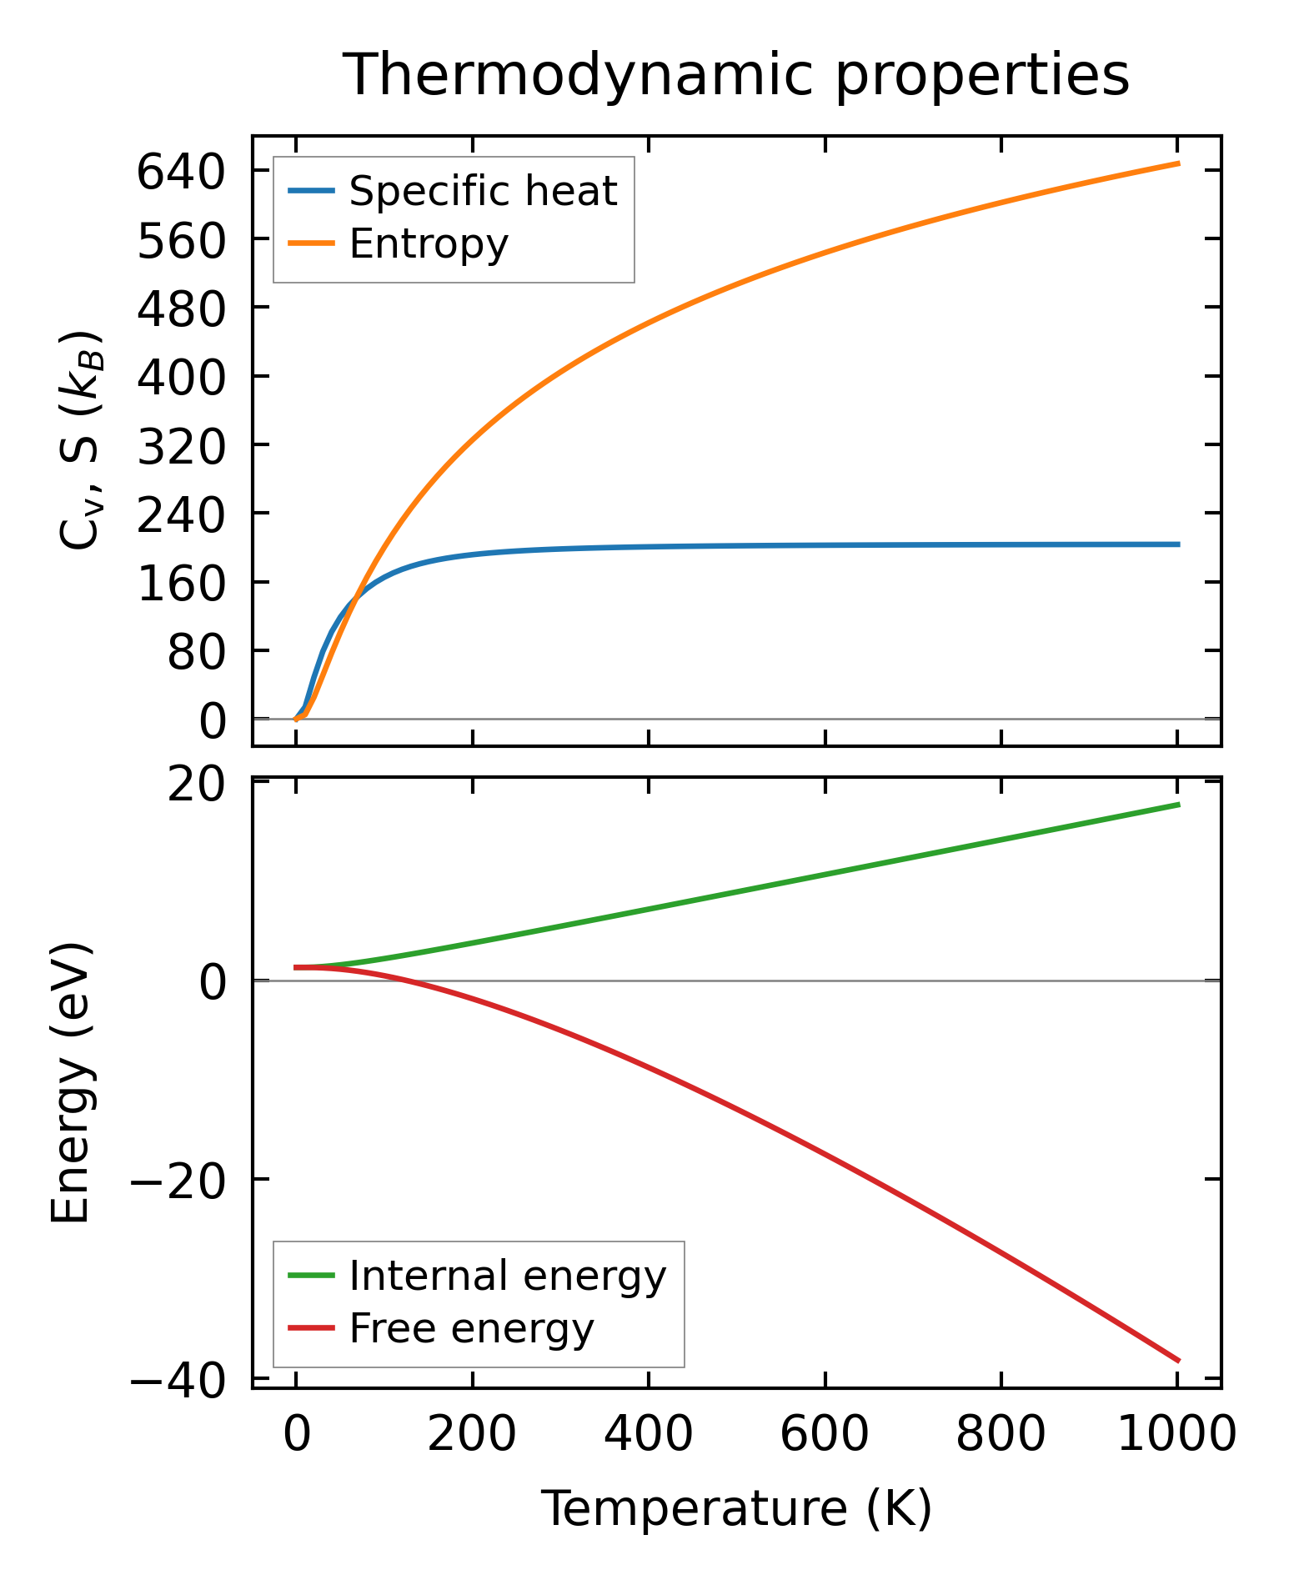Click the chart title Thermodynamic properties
tap(736, 76)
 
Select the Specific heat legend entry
tap(482, 192)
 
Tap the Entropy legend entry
tap(428, 244)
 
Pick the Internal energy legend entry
tap(507, 1277)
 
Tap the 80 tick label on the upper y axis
tap(197, 654)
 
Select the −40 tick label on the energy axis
tap(178, 1382)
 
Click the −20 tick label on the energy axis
tap(178, 1182)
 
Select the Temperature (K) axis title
tap(736, 1508)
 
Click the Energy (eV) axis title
tap(70, 1083)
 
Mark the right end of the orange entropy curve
tap(1177, 163)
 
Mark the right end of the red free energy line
tap(1177, 1360)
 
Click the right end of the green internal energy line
tap(1177, 805)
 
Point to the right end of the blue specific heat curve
tap(1177, 544)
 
